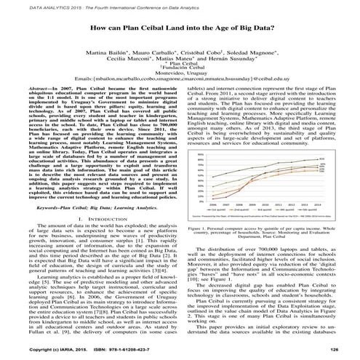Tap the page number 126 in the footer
(x=335, y=351)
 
